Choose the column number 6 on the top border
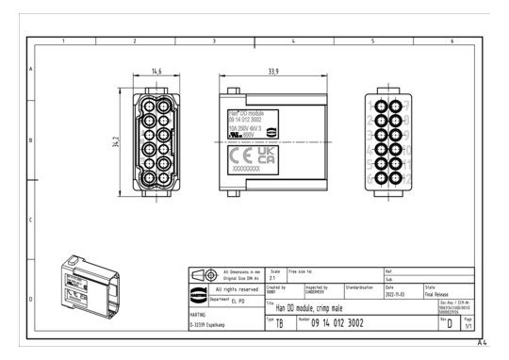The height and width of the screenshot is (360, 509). point(452,41)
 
